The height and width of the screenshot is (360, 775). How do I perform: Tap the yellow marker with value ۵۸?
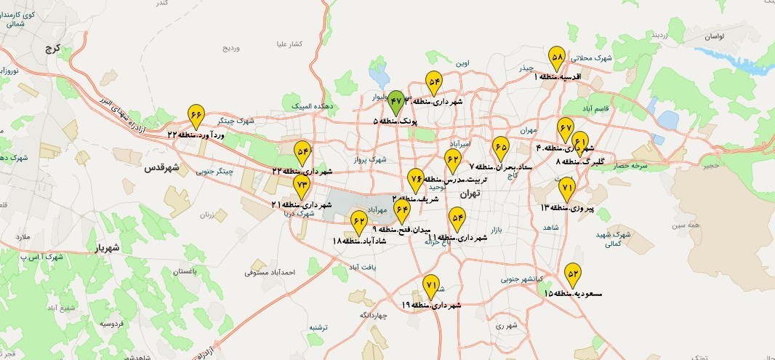click(x=558, y=57)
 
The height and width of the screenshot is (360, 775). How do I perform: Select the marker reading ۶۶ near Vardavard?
click(x=196, y=115)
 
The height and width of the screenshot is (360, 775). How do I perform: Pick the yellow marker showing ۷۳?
click(x=302, y=185)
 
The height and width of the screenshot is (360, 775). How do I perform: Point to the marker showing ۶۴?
click(x=402, y=210)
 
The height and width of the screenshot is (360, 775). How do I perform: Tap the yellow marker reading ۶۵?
click(x=500, y=147)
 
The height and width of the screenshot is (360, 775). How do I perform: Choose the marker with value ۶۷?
click(x=566, y=128)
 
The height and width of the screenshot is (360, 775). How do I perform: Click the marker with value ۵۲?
click(x=573, y=273)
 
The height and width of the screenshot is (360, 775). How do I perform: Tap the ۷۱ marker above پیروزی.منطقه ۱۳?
click(x=567, y=188)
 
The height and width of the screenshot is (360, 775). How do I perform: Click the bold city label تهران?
click(x=470, y=194)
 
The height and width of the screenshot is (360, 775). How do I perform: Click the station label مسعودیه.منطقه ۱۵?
click(x=574, y=293)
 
